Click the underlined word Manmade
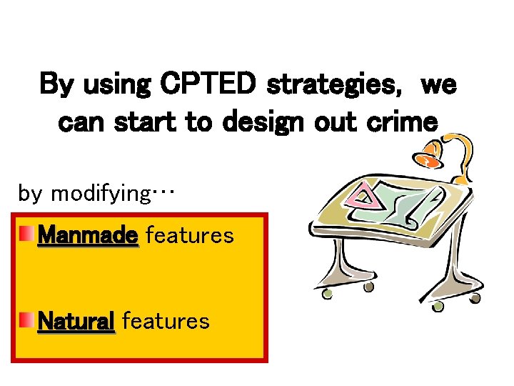(x=88, y=234)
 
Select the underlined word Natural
(x=76, y=321)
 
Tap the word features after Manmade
(x=189, y=234)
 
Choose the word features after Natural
(x=166, y=321)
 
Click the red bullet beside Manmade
(x=26, y=234)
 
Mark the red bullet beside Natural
(x=26, y=320)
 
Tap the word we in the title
(x=438, y=86)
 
